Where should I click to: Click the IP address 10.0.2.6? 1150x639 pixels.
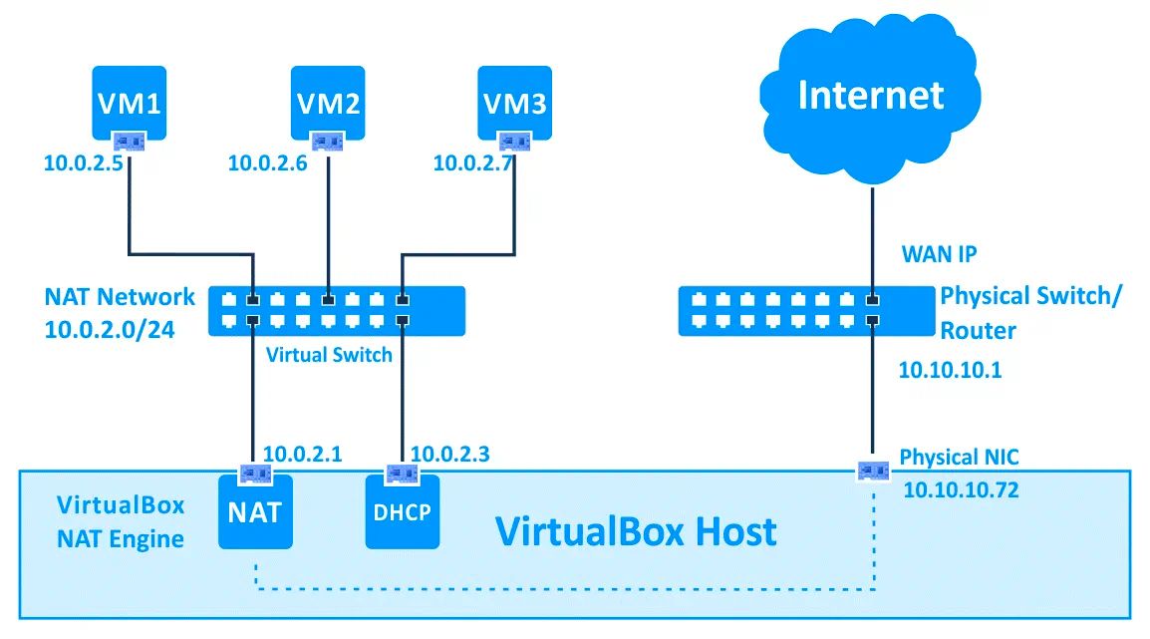coord(267,162)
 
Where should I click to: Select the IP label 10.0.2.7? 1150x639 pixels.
coord(472,162)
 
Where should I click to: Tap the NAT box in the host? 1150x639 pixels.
coord(254,513)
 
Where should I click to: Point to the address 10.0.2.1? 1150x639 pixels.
coord(302,455)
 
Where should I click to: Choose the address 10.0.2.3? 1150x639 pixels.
coord(449,455)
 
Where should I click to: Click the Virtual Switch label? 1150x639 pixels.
coord(329,355)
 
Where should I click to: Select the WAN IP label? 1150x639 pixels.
coord(939,254)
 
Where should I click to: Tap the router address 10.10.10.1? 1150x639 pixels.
coord(950,371)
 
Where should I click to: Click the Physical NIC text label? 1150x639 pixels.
coord(959,457)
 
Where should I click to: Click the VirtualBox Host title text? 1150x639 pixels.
coord(636,531)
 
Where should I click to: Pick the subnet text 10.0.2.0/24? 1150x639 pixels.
coord(110,330)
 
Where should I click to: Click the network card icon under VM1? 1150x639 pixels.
coord(130,141)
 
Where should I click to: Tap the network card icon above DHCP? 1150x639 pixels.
coord(402,472)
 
